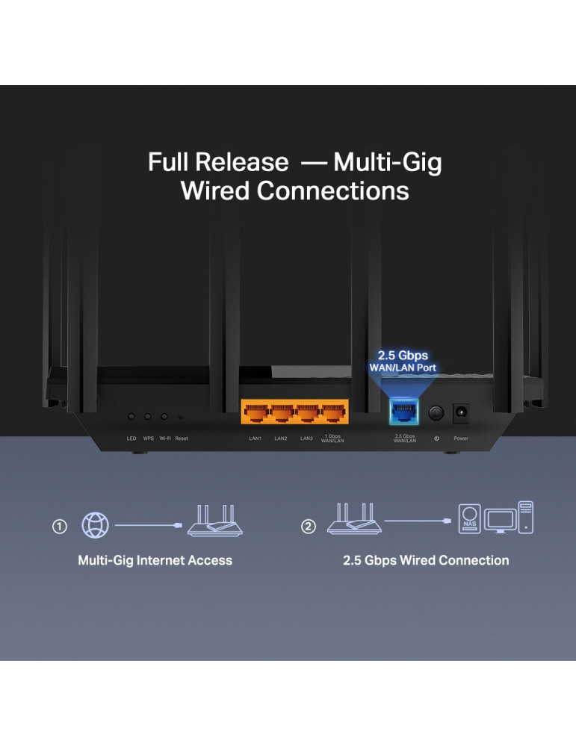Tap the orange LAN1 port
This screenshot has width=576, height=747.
(x=256, y=412)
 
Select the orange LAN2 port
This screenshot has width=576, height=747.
(x=282, y=412)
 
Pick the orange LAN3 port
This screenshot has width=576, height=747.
(x=307, y=412)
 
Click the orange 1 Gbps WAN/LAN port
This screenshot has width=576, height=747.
(x=332, y=412)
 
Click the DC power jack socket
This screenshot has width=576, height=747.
(x=461, y=412)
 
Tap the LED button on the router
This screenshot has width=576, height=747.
(x=131, y=416)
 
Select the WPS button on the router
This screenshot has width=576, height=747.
(x=148, y=416)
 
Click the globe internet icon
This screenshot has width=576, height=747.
(x=94, y=526)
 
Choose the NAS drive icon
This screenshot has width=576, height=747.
(x=469, y=518)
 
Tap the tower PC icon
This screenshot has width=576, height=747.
(x=525, y=517)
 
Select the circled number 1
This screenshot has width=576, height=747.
(x=60, y=527)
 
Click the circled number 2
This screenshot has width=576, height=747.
(x=309, y=527)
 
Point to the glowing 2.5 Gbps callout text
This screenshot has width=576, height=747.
(x=403, y=356)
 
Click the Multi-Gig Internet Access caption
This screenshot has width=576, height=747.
(x=155, y=560)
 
